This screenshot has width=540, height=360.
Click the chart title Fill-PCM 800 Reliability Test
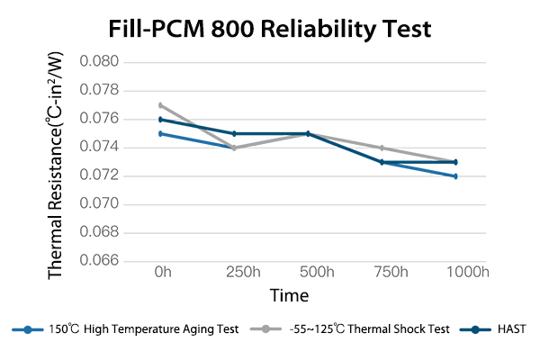(x=270, y=30)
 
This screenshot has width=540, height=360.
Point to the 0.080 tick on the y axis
(x=100, y=62)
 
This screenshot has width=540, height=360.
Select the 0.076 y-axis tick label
(x=100, y=119)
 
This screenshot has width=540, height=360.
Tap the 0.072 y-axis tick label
(x=100, y=175)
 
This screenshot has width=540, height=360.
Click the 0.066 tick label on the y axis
(x=100, y=261)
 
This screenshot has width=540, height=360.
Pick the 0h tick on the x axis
(x=162, y=272)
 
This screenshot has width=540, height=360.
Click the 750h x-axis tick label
(x=382, y=272)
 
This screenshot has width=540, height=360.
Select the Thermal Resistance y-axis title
(x=56, y=162)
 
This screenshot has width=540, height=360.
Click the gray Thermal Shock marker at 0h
(x=160, y=105)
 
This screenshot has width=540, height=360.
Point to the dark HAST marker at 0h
(x=160, y=119)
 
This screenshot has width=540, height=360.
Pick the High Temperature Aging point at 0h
(x=160, y=133)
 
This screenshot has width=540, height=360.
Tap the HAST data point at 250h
(x=234, y=133)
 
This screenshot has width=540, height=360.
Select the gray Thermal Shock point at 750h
(x=382, y=148)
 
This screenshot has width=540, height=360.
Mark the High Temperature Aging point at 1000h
(x=455, y=176)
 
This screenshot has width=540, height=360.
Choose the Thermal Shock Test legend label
(x=368, y=329)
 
